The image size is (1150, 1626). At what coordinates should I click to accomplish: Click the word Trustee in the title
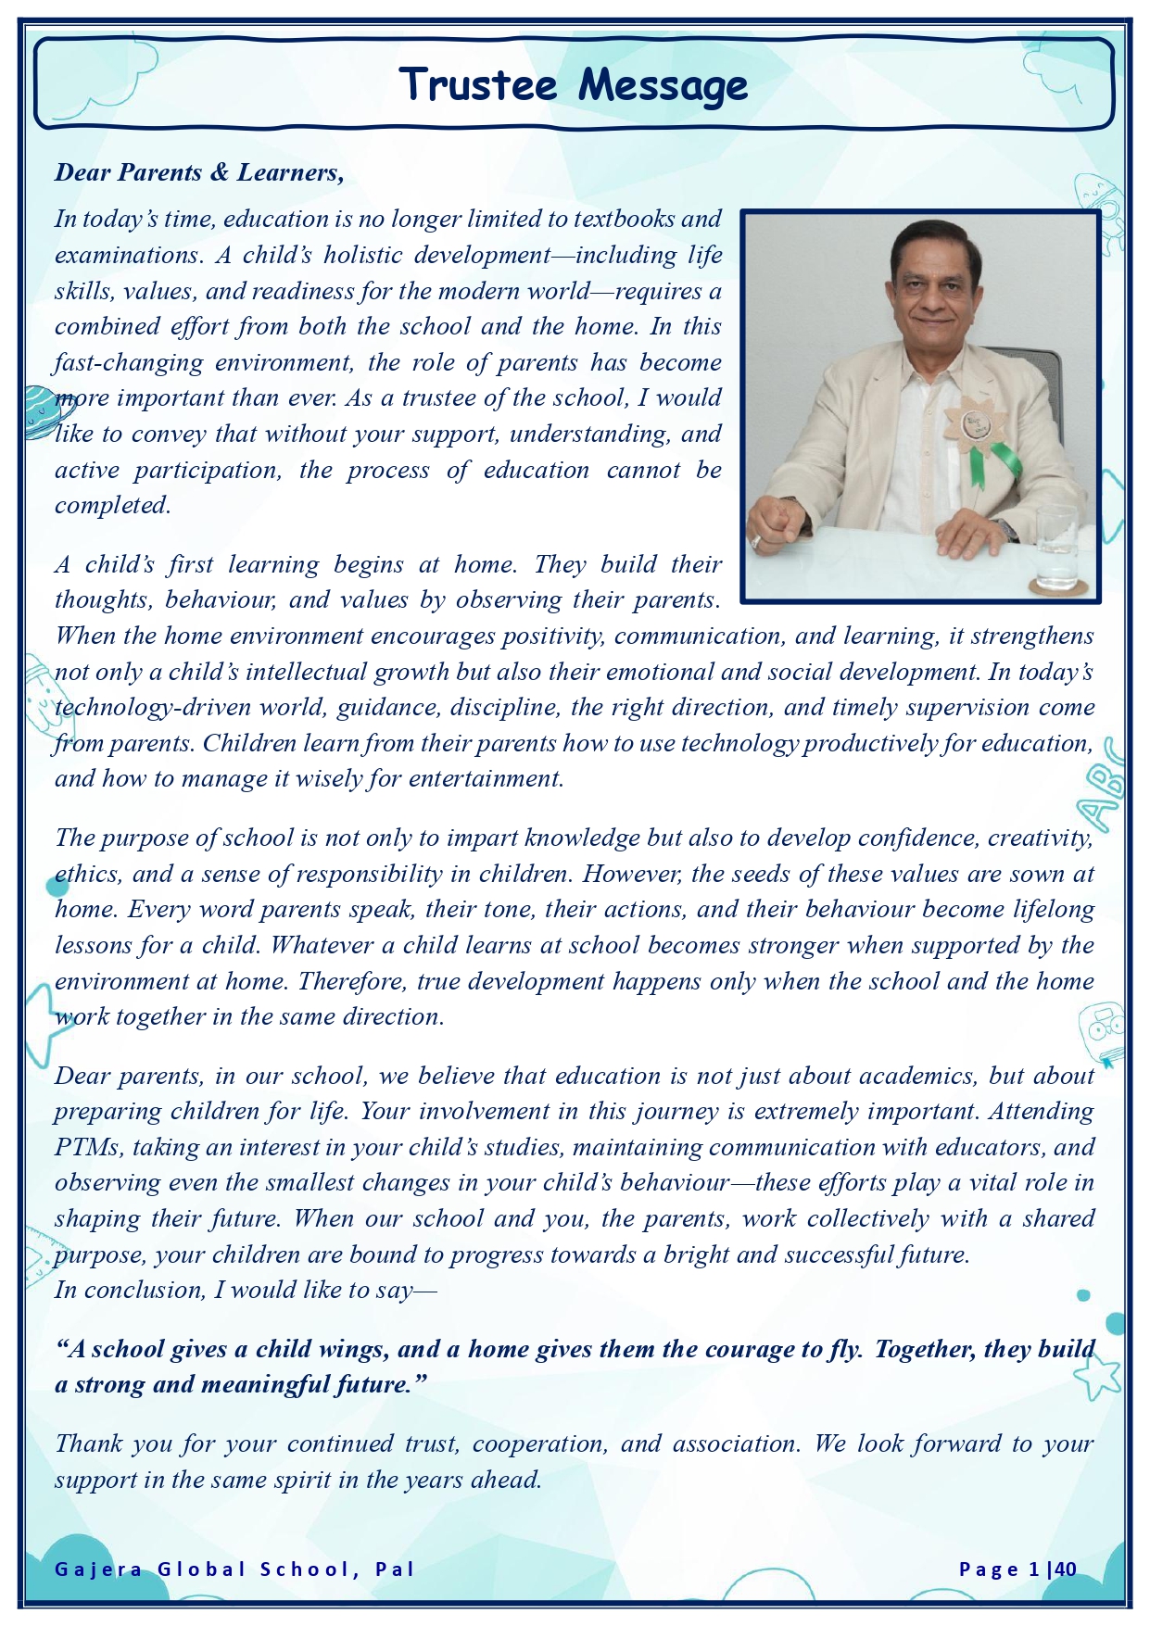pos(478,84)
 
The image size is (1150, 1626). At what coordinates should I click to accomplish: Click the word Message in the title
pos(663,86)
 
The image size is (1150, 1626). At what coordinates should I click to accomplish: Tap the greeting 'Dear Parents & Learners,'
pos(199,172)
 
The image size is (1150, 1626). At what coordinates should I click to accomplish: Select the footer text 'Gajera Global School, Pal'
pos(234,1569)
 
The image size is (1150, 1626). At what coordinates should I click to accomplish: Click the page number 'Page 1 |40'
pos(1017,1569)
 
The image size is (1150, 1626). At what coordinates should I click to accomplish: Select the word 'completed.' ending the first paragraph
pos(113,506)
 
